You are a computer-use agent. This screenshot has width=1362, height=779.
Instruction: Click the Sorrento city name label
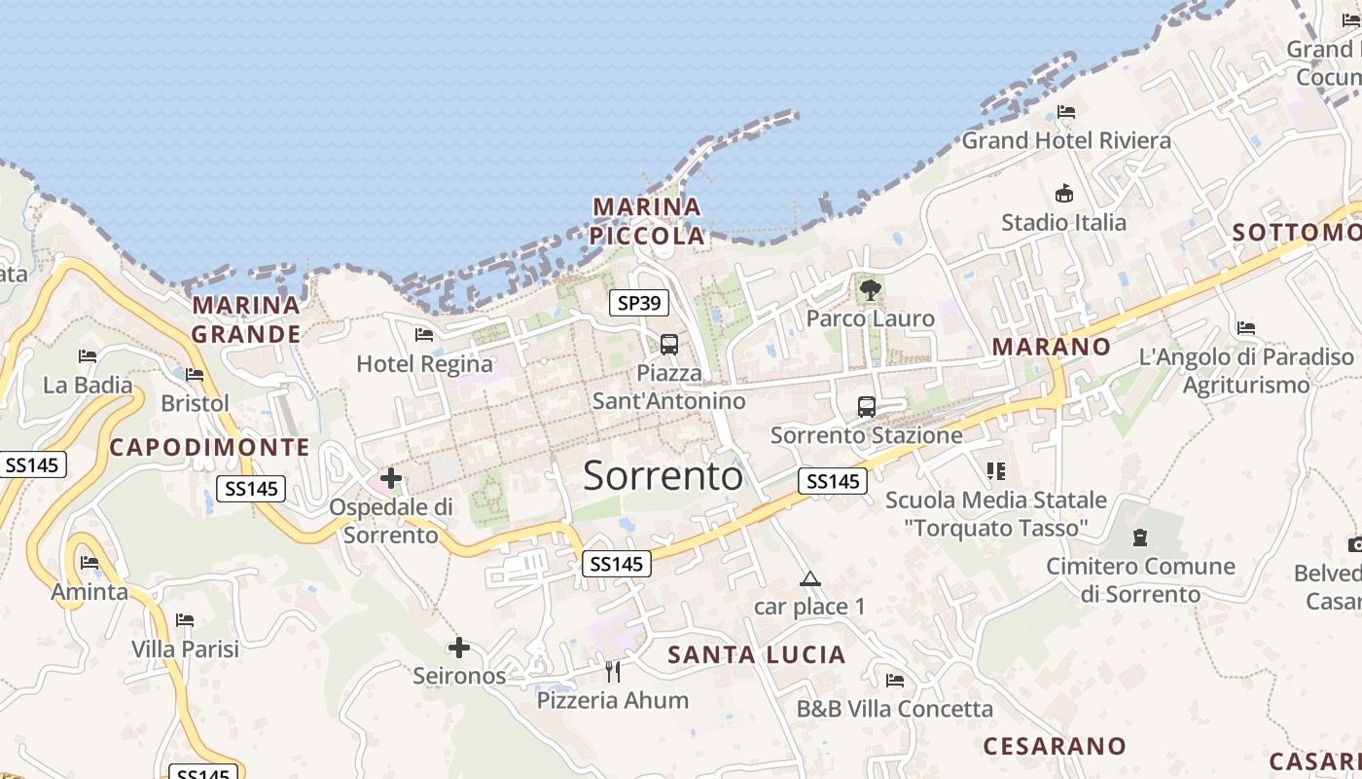coord(663,475)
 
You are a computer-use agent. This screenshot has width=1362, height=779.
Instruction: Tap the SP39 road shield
coord(639,303)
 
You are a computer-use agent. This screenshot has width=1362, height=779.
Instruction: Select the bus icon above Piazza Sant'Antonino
coord(669,344)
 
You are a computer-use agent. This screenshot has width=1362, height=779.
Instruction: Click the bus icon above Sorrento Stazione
coord(867,407)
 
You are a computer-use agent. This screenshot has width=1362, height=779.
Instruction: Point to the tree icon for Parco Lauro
coord(871,289)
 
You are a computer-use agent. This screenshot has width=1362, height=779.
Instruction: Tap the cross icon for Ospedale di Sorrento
coord(391,478)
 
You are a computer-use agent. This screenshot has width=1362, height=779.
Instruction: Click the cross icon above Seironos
coord(459,648)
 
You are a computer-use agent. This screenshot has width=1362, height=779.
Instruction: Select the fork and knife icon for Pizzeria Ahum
coord(613,672)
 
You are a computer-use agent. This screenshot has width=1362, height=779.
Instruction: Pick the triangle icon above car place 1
coord(810,579)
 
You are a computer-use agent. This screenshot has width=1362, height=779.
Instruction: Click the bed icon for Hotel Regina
coord(424,335)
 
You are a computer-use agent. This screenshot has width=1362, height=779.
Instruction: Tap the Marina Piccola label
coord(648,221)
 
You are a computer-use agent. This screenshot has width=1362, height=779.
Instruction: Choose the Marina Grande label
coord(246,319)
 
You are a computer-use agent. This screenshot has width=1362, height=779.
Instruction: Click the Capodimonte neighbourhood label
coord(209,448)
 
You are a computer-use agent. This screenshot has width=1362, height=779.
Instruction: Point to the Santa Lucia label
coord(757,655)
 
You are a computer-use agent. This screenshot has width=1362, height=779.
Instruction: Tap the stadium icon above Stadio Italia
coord(1064,194)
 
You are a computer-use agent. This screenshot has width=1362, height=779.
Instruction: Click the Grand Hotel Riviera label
coord(1066,140)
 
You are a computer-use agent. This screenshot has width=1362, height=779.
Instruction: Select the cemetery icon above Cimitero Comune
coord(1140,538)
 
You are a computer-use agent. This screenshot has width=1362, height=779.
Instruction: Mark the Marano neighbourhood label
coord(1051,347)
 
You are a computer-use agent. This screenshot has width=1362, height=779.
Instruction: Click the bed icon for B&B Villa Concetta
coord(895,681)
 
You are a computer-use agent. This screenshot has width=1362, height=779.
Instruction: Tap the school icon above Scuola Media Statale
coord(996,471)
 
